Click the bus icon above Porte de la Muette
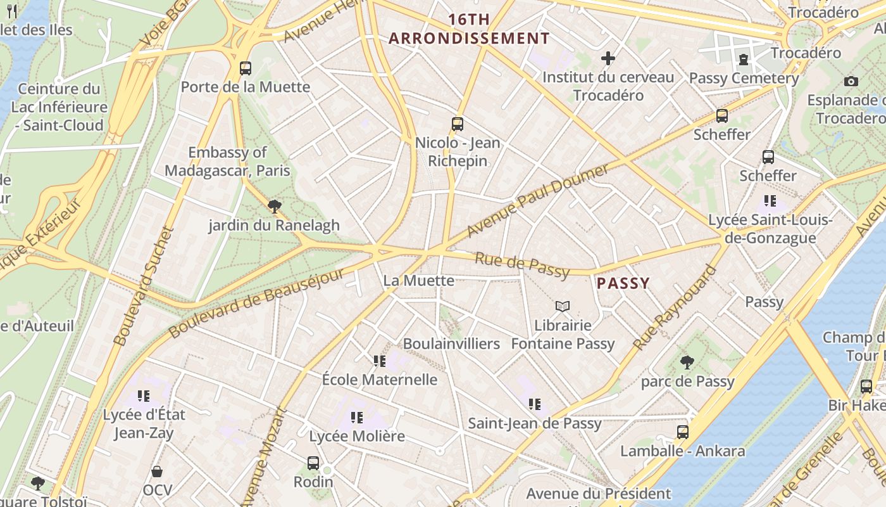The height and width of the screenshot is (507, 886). pos(245,68)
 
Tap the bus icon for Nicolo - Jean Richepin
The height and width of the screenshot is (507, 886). pos(458,124)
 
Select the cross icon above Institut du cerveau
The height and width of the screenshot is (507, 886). pos(608,59)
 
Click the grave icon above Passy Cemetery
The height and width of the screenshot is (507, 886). pos(744,60)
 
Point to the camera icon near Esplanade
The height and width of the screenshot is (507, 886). pos(851,81)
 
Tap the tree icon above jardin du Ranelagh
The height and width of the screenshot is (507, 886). pos(274,206)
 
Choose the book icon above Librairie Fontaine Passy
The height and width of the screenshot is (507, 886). pos(563,307)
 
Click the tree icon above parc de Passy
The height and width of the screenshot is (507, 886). pos(687,363)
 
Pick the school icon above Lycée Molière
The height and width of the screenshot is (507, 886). pos(357,418)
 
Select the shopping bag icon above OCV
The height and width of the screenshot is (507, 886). pos(157,472)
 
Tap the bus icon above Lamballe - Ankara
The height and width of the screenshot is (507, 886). pos(683,432)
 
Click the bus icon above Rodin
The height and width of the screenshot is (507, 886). pos(313,463)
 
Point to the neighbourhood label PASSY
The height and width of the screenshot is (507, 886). pos(623,283)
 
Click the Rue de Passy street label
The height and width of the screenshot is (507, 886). pos(521,264)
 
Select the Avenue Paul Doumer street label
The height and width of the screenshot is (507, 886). pos(537,200)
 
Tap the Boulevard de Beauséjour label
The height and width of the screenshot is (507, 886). pos(257,303)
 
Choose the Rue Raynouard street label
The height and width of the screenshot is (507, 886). pos(675,307)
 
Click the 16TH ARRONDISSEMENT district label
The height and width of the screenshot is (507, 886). pos(470,29)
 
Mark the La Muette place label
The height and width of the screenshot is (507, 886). pos(419,280)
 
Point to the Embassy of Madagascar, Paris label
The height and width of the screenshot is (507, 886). pos(227,162)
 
